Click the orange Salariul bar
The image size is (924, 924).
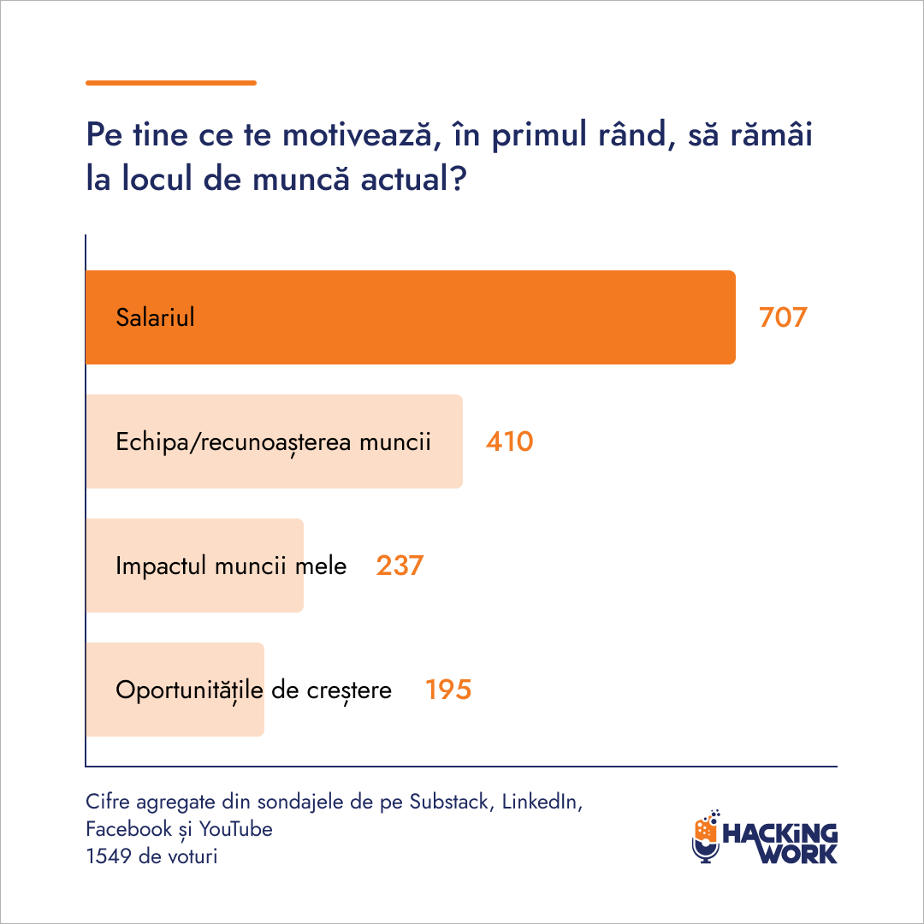click(x=410, y=317)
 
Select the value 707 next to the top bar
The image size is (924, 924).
click(x=783, y=317)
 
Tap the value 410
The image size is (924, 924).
click(x=510, y=442)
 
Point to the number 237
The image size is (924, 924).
click(x=400, y=566)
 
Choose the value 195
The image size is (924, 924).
click(x=448, y=690)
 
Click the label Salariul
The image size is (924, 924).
click(x=155, y=317)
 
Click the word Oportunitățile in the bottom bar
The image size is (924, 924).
click(x=189, y=690)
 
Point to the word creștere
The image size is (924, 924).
click(x=349, y=691)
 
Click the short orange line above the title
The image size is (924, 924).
click(x=171, y=83)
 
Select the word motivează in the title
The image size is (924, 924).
click(x=362, y=134)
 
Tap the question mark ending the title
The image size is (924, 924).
click(x=458, y=179)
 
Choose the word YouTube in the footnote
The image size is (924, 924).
click(x=236, y=829)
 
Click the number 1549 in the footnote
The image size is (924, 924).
click(x=109, y=856)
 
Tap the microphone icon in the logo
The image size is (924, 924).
click(x=705, y=837)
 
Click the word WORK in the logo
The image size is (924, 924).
click(x=798, y=853)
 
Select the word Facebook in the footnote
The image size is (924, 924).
click(x=128, y=829)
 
